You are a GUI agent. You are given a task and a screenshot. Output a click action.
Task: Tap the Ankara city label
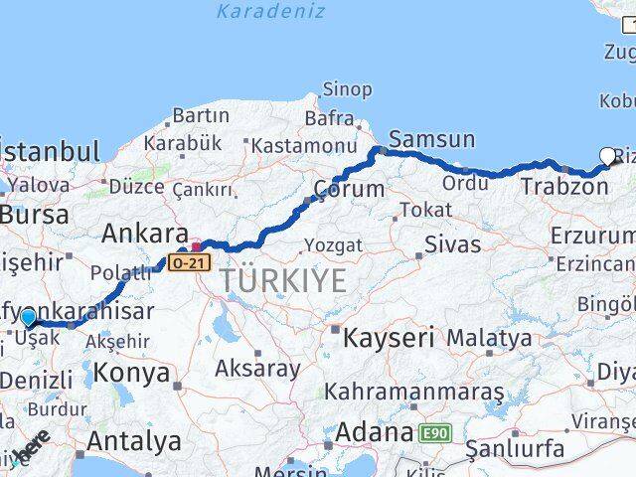tap(145, 234)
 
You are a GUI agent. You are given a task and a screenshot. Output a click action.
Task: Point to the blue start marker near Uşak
tap(28, 317)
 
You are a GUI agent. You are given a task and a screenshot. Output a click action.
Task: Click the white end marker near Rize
tap(608, 155)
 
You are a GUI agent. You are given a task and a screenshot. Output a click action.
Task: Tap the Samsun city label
tap(432, 139)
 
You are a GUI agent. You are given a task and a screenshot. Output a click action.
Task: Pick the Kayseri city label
tap(390, 338)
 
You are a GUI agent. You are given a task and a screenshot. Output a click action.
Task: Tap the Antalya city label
tap(134, 439)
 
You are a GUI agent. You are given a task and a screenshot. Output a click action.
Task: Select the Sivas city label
tap(452, 244)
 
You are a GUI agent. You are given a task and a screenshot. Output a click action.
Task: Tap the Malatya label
tap(489, 339)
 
